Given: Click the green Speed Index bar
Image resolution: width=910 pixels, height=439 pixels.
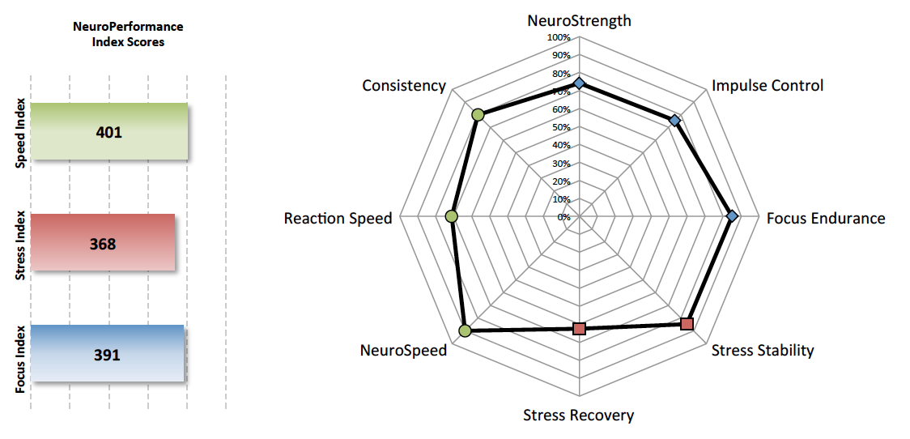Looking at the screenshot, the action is [109, 131].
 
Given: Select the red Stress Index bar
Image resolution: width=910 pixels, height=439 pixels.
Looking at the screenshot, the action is [103, 242].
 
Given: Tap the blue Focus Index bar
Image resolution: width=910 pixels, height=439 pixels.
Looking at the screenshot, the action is [107, 353].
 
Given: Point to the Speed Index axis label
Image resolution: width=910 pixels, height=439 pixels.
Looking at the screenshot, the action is [20, 132].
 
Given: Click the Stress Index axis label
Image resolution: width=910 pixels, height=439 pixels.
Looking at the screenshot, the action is [20, 243].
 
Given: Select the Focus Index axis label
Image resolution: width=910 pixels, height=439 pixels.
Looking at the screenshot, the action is [20, 354].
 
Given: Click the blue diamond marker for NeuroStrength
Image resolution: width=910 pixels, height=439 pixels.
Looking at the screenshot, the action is [579, 83].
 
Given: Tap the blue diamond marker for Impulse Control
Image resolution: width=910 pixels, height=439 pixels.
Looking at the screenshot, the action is [674, 121].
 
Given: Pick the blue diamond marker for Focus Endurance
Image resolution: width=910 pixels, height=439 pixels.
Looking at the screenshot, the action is [732, 216].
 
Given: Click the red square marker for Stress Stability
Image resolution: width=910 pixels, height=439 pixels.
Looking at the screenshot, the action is [687, 324].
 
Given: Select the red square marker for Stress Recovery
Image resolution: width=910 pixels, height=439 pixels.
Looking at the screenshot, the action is [579, 329].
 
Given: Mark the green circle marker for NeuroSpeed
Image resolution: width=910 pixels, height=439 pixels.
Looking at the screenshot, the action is [464, 331].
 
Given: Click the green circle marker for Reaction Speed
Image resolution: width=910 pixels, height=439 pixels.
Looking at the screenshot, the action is [452, 217].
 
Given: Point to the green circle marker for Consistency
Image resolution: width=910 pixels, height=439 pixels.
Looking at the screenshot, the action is [478, 115].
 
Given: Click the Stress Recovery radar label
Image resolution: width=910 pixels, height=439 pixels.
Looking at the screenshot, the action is [579, 416].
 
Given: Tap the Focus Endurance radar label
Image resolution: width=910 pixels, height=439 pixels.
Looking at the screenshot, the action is [826, 219].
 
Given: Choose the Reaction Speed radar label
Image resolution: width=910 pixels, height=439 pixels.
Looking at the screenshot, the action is [338, 219].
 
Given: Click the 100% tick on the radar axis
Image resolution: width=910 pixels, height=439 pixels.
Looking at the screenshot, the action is [559, 38].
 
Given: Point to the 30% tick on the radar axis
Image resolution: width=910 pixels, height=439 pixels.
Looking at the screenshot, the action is [561, 164].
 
